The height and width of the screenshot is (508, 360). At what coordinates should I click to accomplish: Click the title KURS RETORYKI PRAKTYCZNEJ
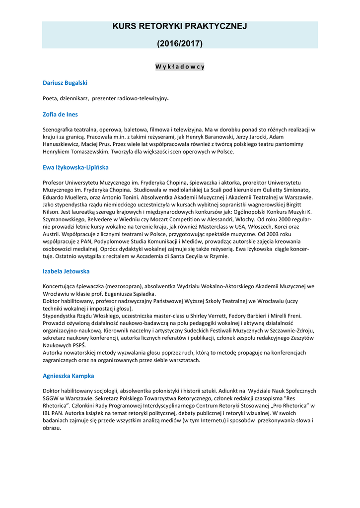tap(180, 26)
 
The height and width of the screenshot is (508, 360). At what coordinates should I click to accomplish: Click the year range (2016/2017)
tap(180, 44)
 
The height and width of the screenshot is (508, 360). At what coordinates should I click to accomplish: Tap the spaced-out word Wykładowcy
tap(180, 66)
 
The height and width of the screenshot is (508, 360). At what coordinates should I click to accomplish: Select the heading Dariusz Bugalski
tap(65, 82)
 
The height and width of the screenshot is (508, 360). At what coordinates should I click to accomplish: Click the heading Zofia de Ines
tap(60, 114)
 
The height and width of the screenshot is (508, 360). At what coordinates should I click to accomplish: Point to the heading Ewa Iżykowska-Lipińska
tap(75, 167)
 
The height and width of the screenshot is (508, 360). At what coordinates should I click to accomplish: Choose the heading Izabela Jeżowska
tap(66, 271)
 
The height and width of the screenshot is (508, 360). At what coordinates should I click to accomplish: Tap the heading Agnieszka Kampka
tap(68, 376)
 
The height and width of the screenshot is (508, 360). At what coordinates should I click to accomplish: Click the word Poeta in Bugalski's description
tap(51, 98)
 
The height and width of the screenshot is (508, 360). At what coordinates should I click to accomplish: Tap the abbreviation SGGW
tap(52, 398)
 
